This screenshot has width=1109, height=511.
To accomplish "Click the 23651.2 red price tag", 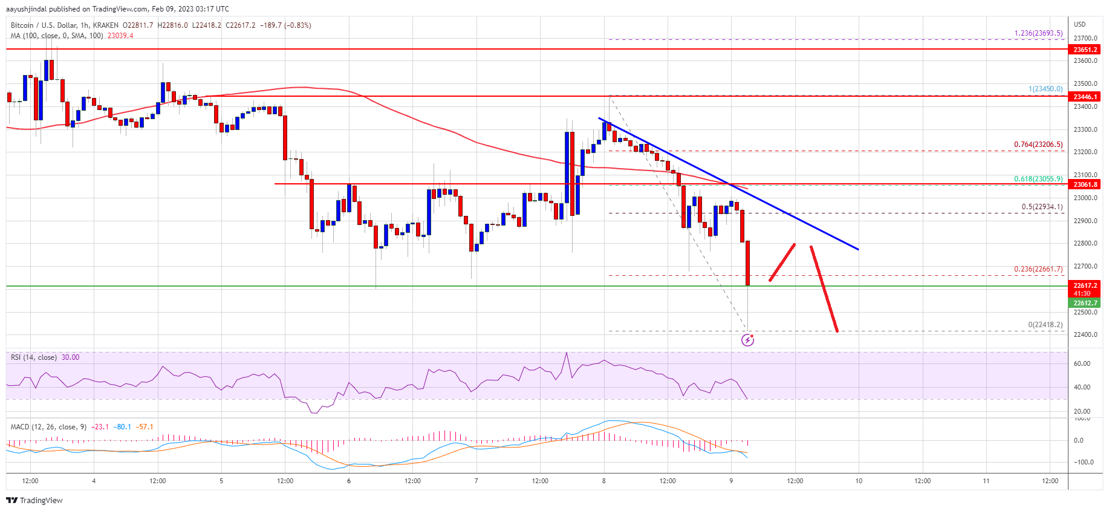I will coord(1085,50).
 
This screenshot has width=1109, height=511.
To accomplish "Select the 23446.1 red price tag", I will coord(1085,97).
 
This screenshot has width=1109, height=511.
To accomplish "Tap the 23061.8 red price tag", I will coord(1085,184).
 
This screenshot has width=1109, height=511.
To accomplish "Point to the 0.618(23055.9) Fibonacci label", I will coord(1038,179).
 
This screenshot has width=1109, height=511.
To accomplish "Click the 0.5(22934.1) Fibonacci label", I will coord(1041,207).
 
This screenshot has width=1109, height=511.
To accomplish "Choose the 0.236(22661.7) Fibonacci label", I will coord(1038,269).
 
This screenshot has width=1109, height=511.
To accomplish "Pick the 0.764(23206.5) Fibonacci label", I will coord(1038,145).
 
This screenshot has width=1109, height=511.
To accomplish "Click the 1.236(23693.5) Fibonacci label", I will coord(1038,33).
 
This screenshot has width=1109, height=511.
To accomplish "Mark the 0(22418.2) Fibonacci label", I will coord(1045,325).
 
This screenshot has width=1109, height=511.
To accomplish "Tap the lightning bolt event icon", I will coord(747,340).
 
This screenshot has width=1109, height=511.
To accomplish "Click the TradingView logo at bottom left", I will coord(34,500).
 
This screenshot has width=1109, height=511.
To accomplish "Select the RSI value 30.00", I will coord(70,357).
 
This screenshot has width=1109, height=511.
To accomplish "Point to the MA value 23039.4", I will coord(120,36).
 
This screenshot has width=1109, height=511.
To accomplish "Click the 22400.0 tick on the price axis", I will coord(1085,334).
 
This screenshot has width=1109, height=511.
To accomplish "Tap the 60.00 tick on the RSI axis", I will coord(1082,363).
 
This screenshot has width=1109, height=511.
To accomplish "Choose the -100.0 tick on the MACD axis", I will coord(1082,462).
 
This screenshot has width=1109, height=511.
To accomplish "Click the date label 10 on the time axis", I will coord(859,481).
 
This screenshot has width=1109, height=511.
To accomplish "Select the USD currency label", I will coord(1079,24).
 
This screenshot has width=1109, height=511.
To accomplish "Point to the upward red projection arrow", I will coord(782,262).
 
